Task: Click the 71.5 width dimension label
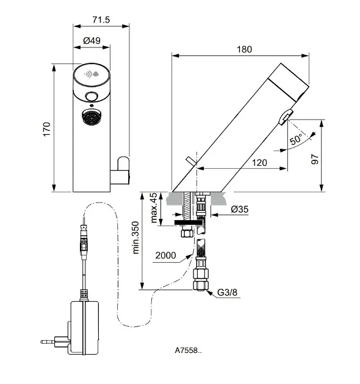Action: pyautogui.click(x=101, y=20)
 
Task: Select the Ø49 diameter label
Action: pyautogui.click(x=92, y=40)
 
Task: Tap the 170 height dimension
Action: pyautogui.click(x=46, y=129)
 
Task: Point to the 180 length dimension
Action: pyautogui.click(x=244, y=49)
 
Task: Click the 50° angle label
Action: pyautogui.click(x=296, y=140)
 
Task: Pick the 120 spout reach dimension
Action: pyautogui.click(x=259, y=163)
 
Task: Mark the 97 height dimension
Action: pyautogui.click(x=315, y=159)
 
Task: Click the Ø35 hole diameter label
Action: pyautogui.click(x=240, y=209)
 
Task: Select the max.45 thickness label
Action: pyautogui.click(x=154, y=208)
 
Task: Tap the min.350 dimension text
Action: pyautogui.click(x=135, y=238)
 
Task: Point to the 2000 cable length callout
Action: pyautogui.click(x=165, y=255)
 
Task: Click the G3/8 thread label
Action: pyautogui.click(x=228, y=292)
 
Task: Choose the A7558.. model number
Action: pyautogui.click(x=189, y=350)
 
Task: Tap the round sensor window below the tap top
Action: pyautogui.click(x=92, y=96)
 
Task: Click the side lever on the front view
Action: pyautogui.click(x=120, y=171)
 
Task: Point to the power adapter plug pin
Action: pyautogui.click(x=48, y=341)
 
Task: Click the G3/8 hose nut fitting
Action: pyautogui.click(x=201, y=280)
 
